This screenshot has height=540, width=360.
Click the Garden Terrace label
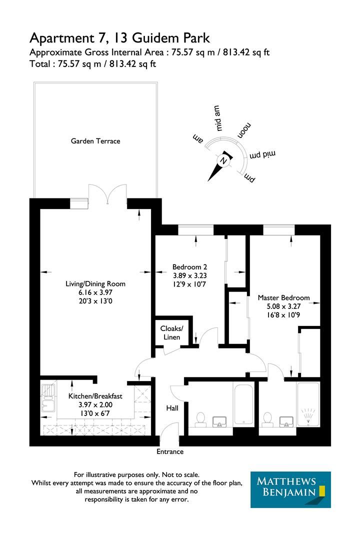(95, 141)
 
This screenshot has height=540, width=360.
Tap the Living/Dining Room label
(95, 283)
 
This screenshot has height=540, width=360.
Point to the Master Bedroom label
(283, 297)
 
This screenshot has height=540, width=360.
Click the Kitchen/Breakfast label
(95, 396)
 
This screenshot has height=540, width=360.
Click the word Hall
(172, 408)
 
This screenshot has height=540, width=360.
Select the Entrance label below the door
(170, 451)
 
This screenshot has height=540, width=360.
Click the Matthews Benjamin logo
(290, 489)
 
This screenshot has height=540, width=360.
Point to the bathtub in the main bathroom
(243, 404)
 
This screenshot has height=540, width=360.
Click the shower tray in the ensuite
(308, 404)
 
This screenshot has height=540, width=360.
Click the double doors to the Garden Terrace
(108, 194)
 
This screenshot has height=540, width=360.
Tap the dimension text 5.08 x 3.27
(283, 306)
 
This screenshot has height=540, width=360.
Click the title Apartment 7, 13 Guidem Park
(120, 37)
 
